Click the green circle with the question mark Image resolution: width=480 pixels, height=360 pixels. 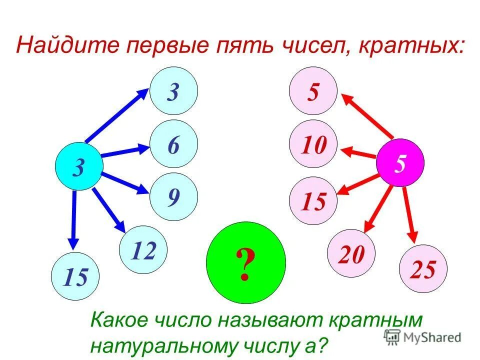[x=245, y=262]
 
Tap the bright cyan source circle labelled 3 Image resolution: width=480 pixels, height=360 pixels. [x=79, y=166]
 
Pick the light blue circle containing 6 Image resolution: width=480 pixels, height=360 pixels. [x=173, y=144]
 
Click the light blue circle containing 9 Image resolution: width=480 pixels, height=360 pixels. [x=173, y=197]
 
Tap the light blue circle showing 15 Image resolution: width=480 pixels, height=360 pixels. [x=75, y=276]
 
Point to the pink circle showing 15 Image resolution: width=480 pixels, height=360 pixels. [x=313, y=200]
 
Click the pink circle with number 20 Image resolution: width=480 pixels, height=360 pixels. [x=351, y=253]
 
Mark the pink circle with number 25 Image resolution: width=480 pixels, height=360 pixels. [x=423, y=269]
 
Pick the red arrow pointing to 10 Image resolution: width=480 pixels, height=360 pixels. [x=358, y=152]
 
